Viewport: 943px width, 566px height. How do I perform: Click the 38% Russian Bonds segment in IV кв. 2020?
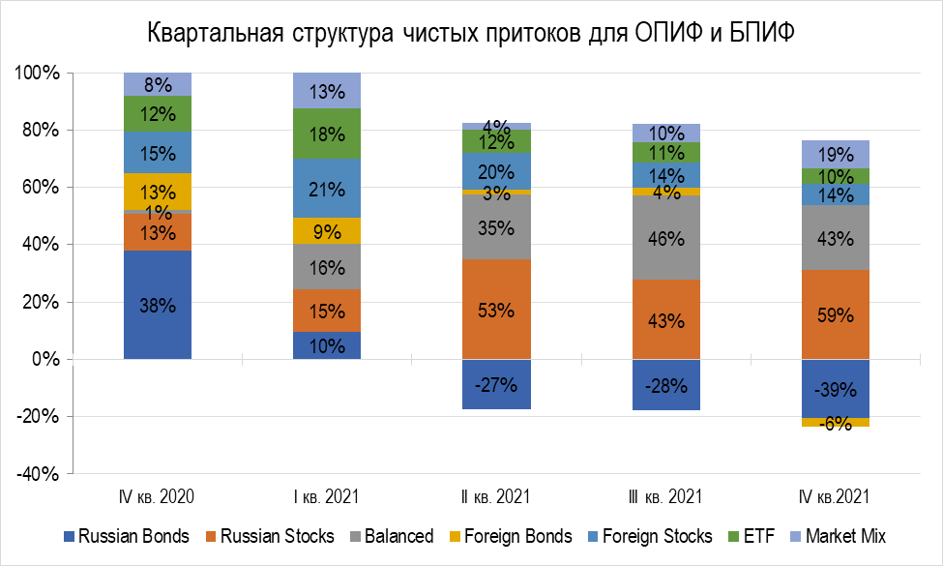[x=158, y=304]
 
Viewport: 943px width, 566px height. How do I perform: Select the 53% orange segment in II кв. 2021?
[x=495, y=310]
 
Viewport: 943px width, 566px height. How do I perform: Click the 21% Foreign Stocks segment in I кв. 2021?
[x=327, y=189]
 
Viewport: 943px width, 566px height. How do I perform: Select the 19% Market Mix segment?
[x=834, y=154]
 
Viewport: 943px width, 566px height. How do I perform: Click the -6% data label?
[x=834, y=423]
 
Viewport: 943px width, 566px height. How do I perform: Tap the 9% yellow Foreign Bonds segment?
[x=327, y=231]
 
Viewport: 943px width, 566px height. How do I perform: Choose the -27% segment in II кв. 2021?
[x=495, y=384]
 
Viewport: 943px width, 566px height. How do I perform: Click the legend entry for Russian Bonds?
[x=132, y=536]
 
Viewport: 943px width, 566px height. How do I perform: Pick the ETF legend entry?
[x=758, y=536]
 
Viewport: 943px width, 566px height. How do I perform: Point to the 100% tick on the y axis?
[x=39, y=74]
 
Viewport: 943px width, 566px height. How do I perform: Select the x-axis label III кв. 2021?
[x=664, y=496]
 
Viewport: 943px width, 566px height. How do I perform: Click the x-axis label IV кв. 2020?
[x=158, y=496]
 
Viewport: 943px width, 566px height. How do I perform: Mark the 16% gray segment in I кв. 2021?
[x=327, y=267]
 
